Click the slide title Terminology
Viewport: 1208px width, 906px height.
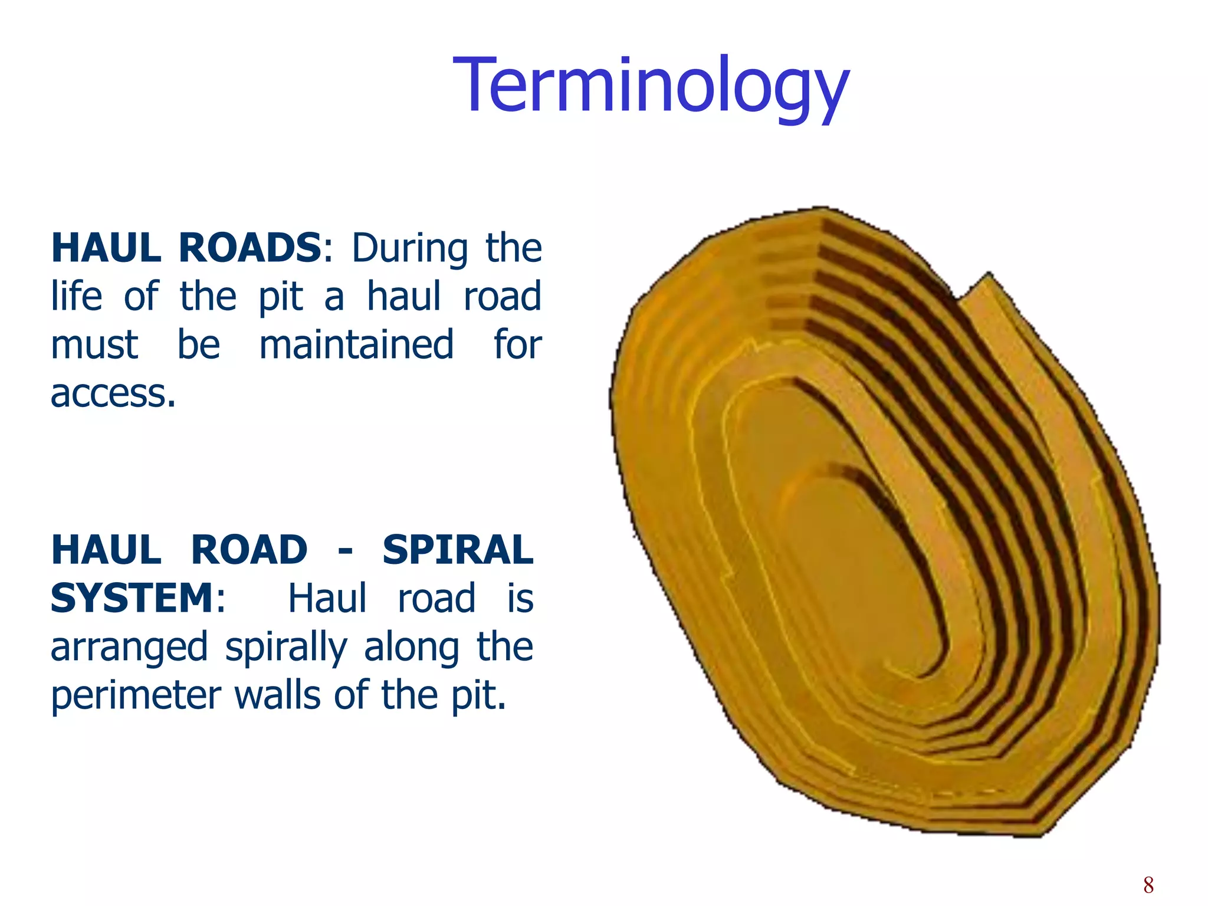pos(651,86)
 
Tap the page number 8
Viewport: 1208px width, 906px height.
pos(1148,885)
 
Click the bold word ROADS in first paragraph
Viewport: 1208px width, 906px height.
pos(251,248)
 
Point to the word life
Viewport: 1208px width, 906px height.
pos(76,296)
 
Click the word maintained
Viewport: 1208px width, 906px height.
pos(357,344)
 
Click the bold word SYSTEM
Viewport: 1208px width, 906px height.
pos(133,599)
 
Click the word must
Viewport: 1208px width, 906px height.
pos(94,344)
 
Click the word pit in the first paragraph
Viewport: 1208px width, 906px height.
pos(281,296)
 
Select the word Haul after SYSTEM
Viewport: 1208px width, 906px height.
pos(327,599)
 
